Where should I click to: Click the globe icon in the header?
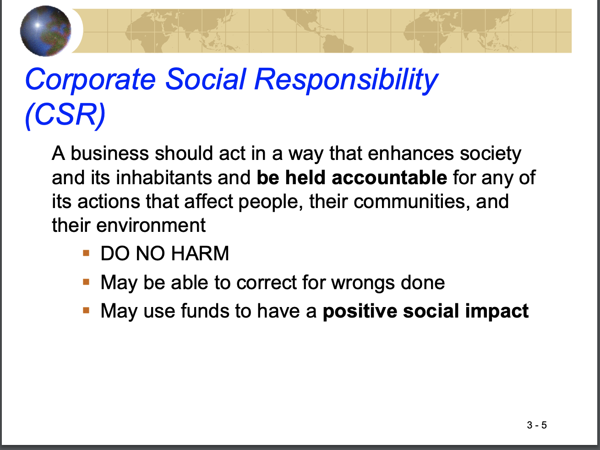coord(45,31)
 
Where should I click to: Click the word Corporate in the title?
coord(91,80)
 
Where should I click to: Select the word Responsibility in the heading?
coord(346,80)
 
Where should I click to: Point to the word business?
coord(110,153)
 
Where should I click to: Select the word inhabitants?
coord(164,177)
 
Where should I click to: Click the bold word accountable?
coord(389,177)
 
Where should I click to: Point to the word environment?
coord(151,225)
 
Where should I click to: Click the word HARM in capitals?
coord(200,253)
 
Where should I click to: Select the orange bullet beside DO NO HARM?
coord(86,253)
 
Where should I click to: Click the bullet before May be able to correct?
coord(86,282)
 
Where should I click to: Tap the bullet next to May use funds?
coord(86,311)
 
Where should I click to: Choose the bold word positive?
coord(360,312)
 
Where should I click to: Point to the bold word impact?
coord(497,312)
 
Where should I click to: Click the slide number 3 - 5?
coord(537,425)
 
